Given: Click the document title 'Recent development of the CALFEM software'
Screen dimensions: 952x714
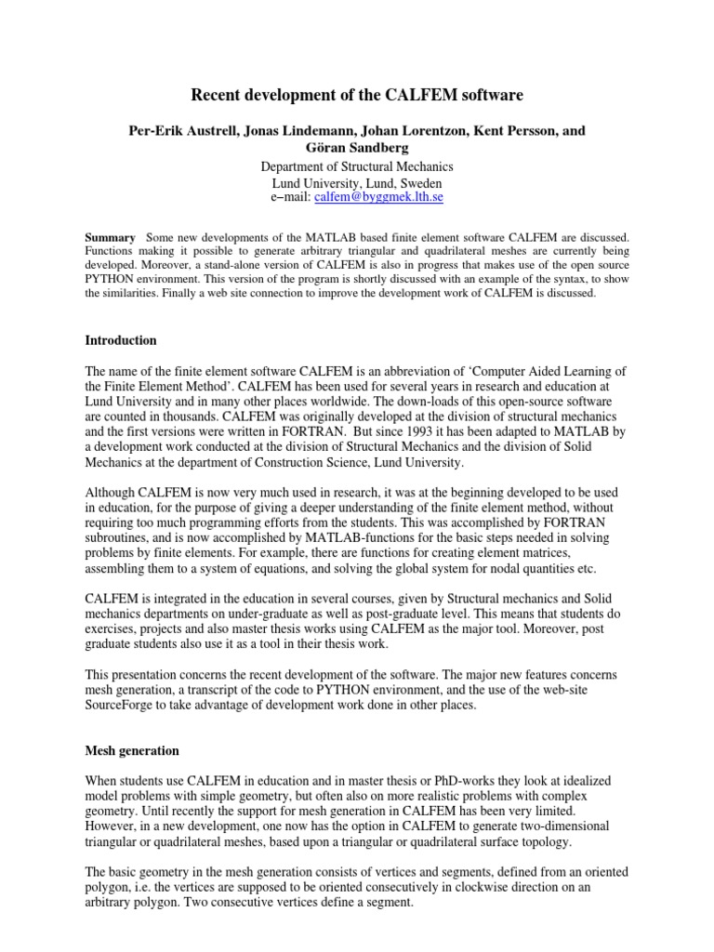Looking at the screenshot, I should point(356,95).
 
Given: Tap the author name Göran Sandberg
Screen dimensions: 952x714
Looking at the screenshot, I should point(357,147).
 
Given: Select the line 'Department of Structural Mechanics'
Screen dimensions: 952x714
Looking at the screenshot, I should point(357,166).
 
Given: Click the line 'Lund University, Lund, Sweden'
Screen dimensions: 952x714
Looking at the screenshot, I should point(357,183).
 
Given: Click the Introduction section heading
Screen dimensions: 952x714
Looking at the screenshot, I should point(121,340).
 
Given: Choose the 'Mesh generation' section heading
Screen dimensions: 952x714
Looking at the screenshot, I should point(132,750).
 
